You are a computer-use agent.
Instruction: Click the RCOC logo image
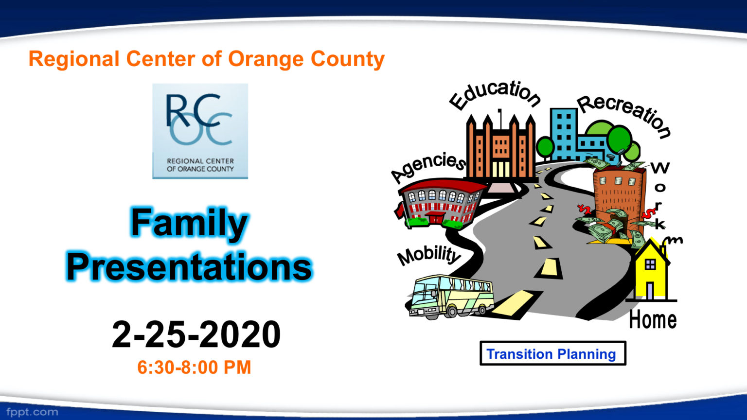tap(200, 131)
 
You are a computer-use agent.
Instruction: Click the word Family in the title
tap(189, 223)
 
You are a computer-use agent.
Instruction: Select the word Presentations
tap(189, 267)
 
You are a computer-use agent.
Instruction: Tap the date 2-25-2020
tap(196, 335)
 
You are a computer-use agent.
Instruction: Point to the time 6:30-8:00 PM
tap(194, 367)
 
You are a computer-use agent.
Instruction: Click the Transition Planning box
tap(552, 354)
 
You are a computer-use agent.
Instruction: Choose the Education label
tap(495, 94)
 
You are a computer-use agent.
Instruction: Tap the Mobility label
tap(428, 255)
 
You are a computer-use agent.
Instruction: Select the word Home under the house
tap(653, 320)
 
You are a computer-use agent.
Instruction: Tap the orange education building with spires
tap(500, 148)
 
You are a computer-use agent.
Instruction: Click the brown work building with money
tap(618, 194)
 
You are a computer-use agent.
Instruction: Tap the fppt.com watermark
tap(32, 412)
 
